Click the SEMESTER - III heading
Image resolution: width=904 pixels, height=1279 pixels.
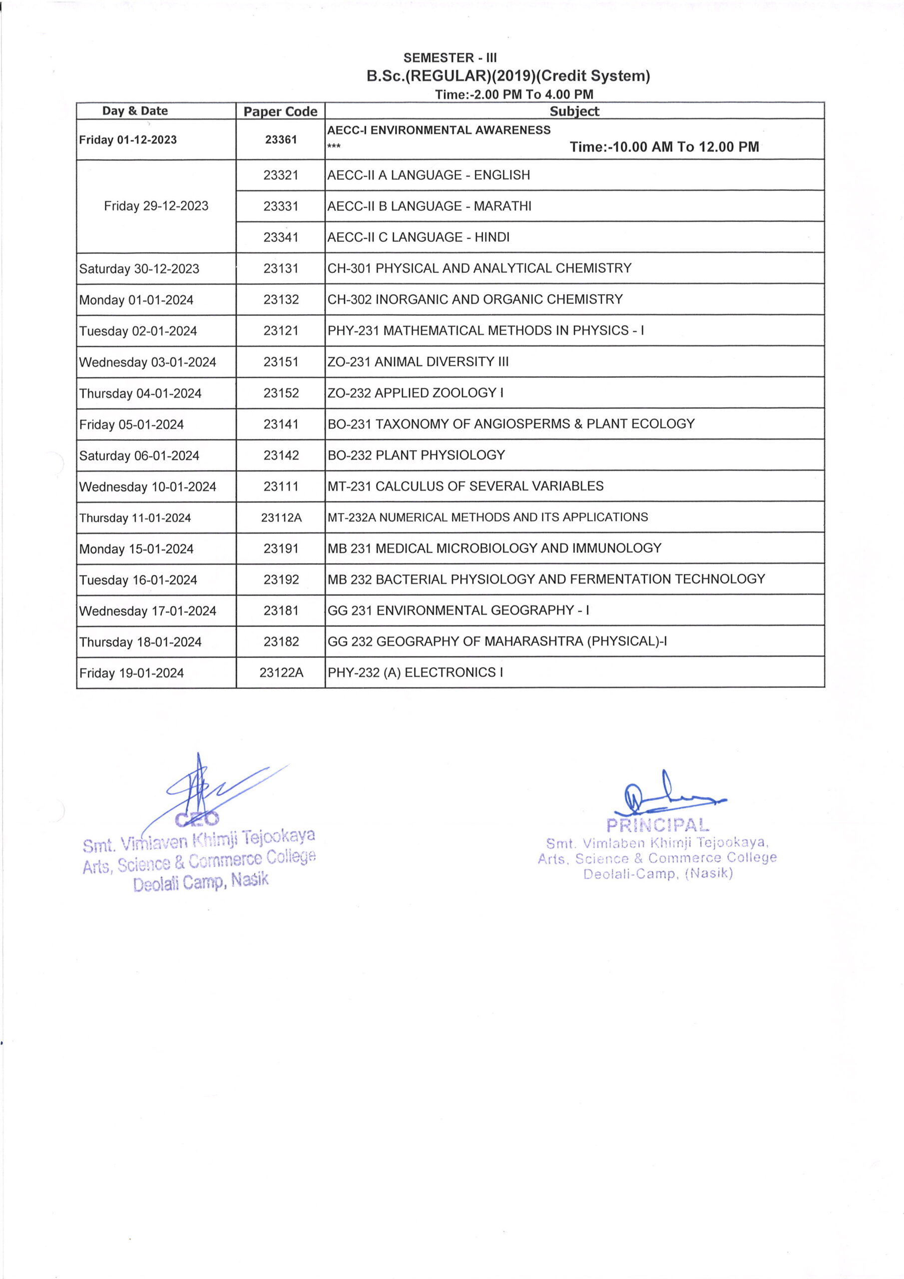450,58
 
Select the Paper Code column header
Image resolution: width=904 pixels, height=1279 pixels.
280,111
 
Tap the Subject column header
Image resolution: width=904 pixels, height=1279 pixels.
574,111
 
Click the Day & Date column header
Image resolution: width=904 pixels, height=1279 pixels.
135,111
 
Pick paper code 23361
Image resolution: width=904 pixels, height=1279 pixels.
281,140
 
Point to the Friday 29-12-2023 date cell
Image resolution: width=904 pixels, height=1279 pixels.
156,206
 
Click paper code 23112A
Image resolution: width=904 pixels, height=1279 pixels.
281,518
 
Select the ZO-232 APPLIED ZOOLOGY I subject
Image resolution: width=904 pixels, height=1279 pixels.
416,393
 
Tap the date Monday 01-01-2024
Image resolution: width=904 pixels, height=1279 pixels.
136,300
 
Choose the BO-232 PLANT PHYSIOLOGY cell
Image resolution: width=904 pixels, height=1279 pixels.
416,455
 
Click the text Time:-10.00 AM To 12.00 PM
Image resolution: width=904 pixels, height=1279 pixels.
664,147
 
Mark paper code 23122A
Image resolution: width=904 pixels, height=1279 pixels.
281,673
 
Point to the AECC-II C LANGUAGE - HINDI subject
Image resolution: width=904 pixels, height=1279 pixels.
419,237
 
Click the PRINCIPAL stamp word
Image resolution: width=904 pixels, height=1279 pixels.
657,825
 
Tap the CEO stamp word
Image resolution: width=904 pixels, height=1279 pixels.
197,819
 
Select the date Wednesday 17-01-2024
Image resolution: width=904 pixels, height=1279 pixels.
148,611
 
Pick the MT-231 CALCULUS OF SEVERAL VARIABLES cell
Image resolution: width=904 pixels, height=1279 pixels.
465,486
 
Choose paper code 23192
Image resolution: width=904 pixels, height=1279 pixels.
281,580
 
